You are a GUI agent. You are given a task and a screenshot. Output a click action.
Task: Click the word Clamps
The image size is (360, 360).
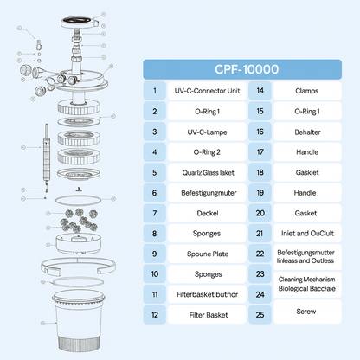(x=308, y=89)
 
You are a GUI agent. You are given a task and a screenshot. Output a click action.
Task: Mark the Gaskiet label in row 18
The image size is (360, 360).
(x=308, y=171)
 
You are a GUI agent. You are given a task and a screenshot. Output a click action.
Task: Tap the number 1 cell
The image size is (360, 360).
(x=155, y=89)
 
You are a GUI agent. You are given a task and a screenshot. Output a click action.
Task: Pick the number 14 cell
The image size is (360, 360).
(x=260, y=89)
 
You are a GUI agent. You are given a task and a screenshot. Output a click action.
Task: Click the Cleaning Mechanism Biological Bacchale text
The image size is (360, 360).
(x=308, y=285)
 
